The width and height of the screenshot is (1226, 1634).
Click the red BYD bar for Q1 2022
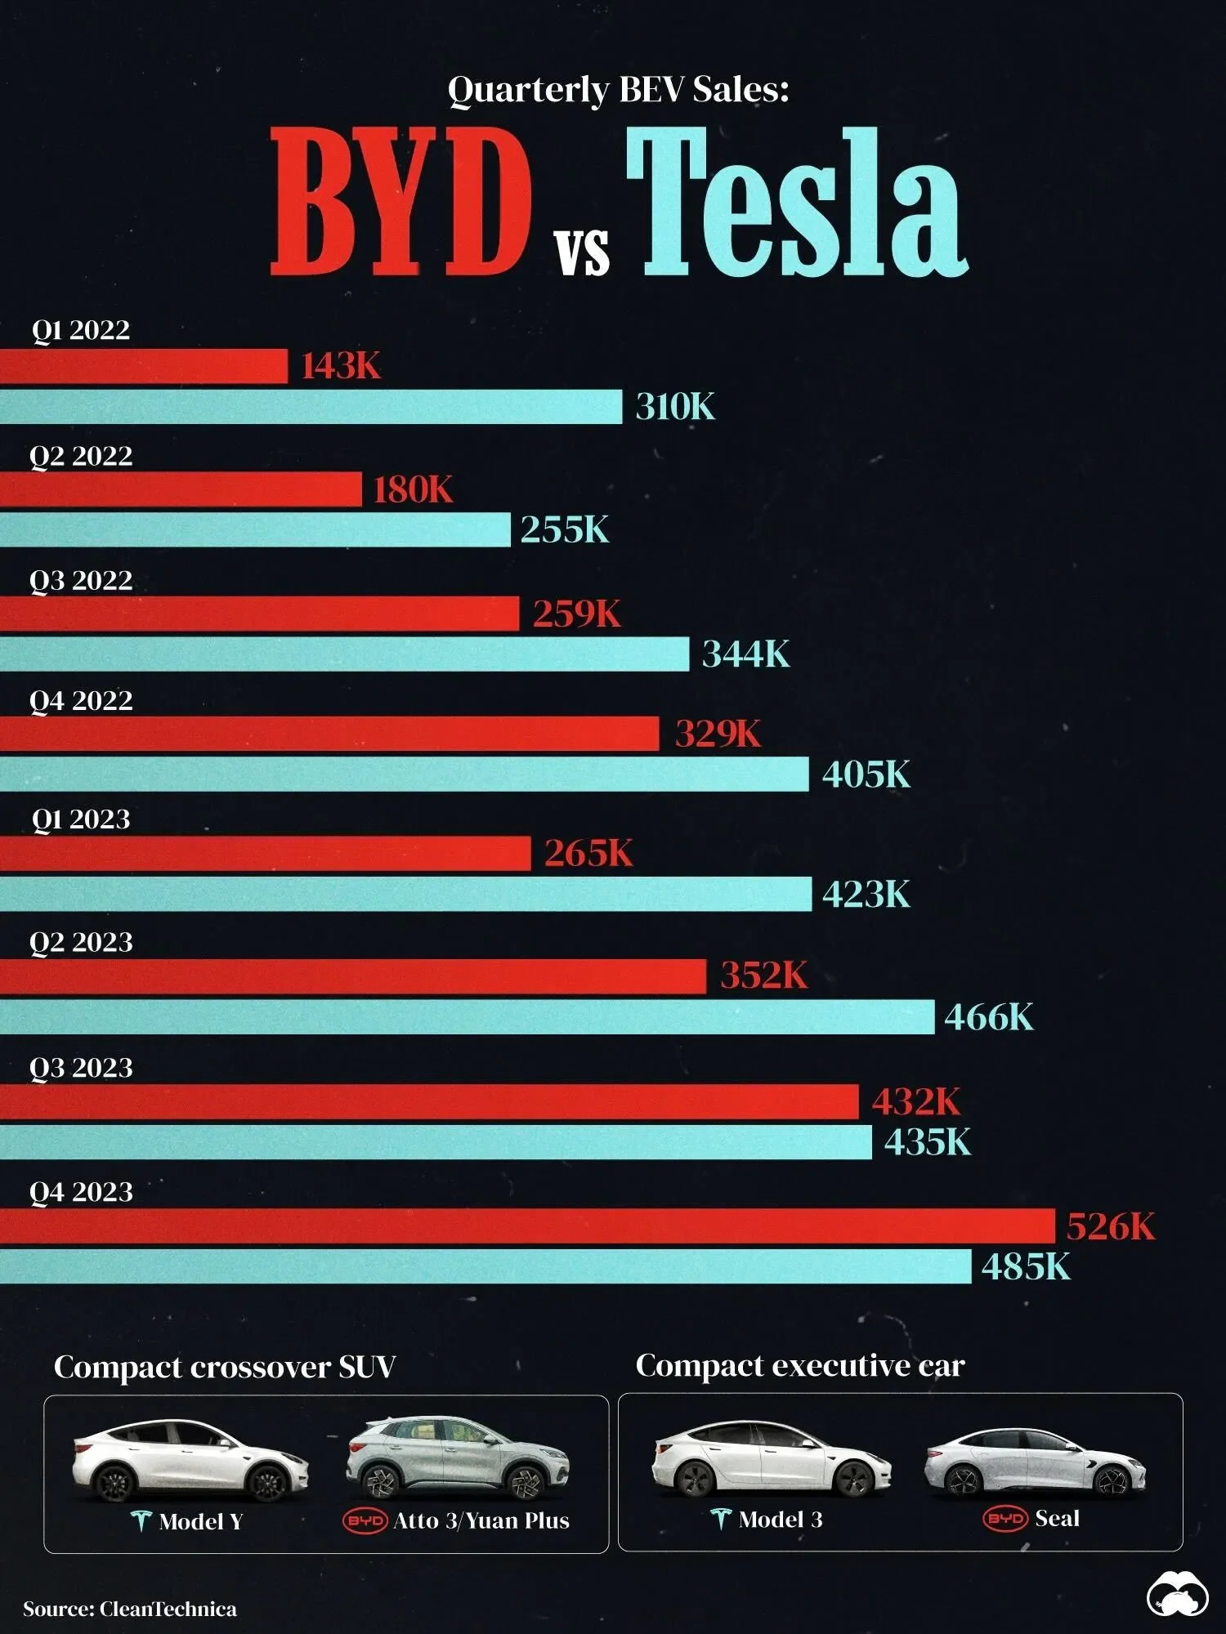point(144,366)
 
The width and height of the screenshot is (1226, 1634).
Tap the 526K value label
point(1111,1226)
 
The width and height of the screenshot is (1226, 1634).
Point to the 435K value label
point(928,1141)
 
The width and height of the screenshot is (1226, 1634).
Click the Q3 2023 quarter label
point(81,1068)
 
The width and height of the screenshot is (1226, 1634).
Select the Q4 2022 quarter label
point(81,700)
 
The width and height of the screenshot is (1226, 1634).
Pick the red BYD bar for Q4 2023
point(527,1225)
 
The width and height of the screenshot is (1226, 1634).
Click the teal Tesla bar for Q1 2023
point(405,894)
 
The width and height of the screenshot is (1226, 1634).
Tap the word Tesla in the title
point(797,204)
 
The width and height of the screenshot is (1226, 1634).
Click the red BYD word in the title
point(400,204)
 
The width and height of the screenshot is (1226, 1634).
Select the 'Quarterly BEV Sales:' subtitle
point(618,89)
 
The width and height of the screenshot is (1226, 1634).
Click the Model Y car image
point(190,1462)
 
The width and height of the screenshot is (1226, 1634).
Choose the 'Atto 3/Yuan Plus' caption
point(481,1520)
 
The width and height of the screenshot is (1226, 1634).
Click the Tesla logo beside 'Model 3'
point(720,1519)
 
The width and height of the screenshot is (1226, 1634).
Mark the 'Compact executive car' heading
point(800,1365)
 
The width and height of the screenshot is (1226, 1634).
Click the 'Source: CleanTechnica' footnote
point(130,1609)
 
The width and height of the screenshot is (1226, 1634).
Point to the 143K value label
point(341,366)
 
